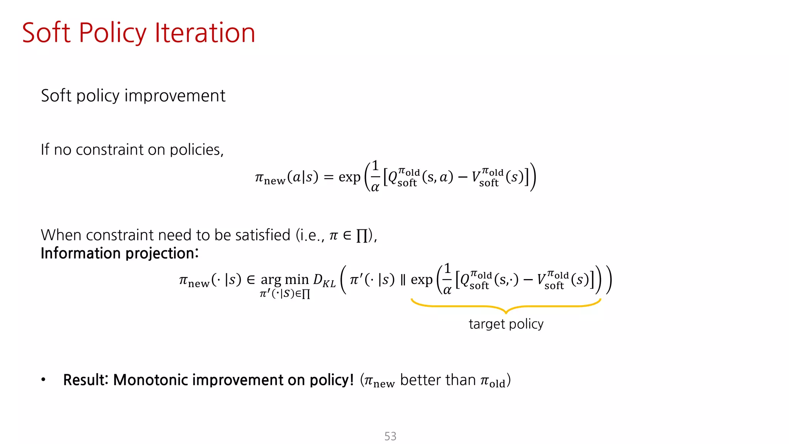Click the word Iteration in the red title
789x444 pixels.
coord(205,33)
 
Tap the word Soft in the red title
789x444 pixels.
coord(46,33)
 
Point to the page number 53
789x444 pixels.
coord(390,436)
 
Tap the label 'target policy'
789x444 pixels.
coord(506,324)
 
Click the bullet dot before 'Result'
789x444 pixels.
coord(44,380)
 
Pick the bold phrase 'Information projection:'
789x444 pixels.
coord(119,254)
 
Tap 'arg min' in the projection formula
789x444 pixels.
coord(285,279)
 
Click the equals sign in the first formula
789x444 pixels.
coord(329,177)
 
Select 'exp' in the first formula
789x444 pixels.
coord(349,178)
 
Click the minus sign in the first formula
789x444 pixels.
coord(463,177)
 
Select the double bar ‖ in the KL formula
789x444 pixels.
coord(403,280)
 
